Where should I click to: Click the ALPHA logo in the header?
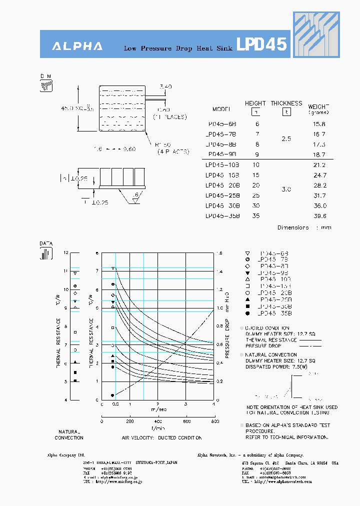coord(77,46)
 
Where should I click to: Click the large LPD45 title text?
coord(261,45)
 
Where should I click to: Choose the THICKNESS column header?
coord(286,103)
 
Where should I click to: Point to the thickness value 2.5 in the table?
coord(286,139)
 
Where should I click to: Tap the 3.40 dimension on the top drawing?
coord(165,87)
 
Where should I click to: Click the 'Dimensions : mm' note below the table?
coord(304,228)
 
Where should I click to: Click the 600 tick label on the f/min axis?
coord(186,421)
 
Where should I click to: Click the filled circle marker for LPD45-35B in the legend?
coord(248,313)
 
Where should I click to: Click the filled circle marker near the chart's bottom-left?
coord(112,395)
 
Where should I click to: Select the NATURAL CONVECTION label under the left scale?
coord(69,434)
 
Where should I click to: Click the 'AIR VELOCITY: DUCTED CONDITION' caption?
coord(161,437)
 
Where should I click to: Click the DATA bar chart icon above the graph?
coord(46,253)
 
